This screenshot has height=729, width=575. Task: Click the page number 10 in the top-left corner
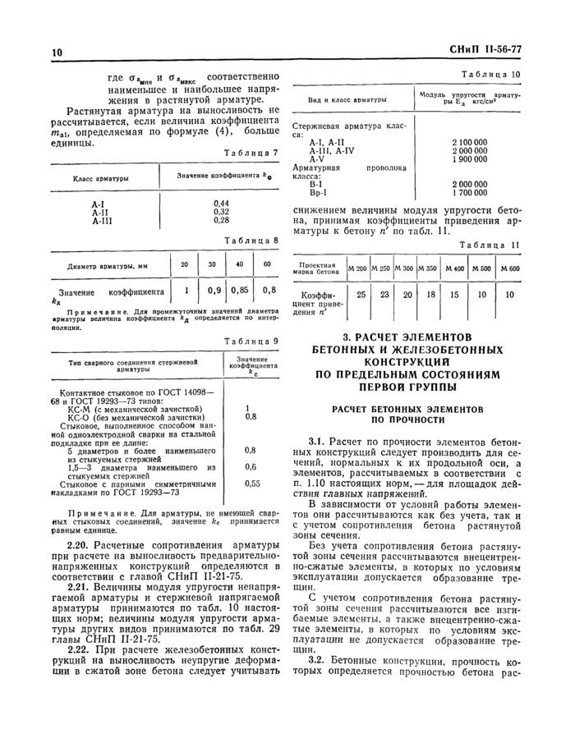[57, 53]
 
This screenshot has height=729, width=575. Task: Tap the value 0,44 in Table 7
[221, 202]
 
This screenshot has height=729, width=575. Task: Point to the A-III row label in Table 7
[103, 219]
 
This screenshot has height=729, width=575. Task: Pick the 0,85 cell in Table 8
[241, 291]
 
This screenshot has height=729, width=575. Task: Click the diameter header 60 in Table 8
[267, 264]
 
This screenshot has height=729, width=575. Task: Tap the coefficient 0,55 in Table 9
[252, 484]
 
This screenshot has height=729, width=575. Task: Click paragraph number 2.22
[80, 649]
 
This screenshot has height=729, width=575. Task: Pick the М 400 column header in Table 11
[454, 269]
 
